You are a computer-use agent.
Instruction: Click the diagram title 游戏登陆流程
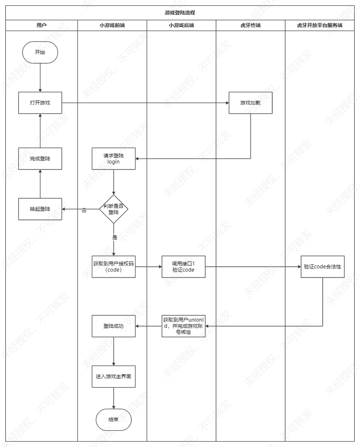180,13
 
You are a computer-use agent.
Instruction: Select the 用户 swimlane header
41,26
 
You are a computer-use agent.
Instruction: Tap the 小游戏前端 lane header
112,26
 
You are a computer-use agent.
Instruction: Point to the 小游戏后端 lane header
181,26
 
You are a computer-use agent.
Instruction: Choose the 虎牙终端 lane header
250,26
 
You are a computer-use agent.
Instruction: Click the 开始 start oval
40,52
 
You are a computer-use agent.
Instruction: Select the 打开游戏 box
40,103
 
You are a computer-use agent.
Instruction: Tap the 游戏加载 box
250,103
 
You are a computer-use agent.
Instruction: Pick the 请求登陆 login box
113,159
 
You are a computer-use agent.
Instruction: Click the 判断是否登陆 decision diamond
113,209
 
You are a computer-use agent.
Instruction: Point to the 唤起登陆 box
40,209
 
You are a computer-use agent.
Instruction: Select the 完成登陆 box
40,159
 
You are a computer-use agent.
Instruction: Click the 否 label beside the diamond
84,210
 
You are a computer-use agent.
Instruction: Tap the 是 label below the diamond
114,237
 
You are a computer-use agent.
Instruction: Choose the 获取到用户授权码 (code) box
113,267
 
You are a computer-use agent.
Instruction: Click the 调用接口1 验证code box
183,267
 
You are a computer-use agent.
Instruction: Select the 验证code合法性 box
322,267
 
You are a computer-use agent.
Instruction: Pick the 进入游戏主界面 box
113,376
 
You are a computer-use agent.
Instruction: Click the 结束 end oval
113,420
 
